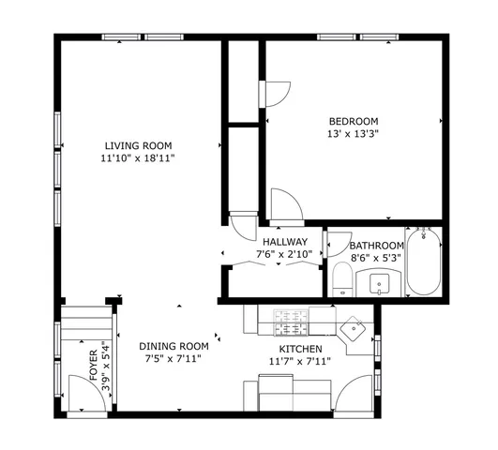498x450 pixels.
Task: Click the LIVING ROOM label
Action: (138, 145)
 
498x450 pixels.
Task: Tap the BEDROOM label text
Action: (353, 121)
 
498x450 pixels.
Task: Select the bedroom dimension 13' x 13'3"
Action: (353, 133)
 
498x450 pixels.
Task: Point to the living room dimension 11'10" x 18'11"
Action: (138, 157)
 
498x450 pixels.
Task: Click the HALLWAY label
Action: (285, 242)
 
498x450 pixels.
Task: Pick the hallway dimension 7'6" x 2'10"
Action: (285, 254)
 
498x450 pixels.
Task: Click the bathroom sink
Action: (381, 281)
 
